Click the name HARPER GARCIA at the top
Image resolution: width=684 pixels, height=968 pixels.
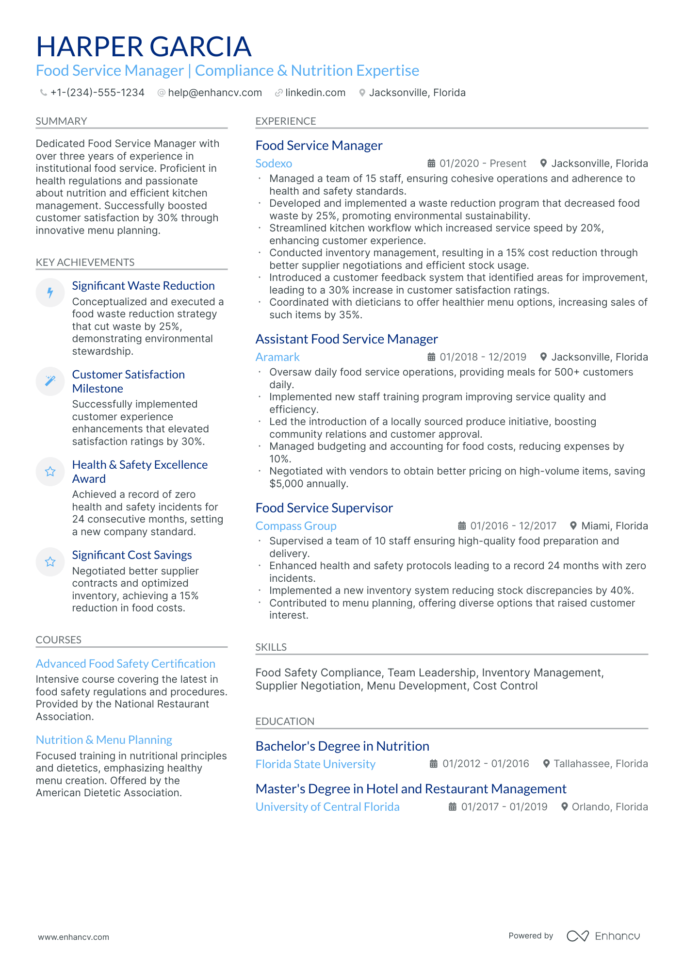(x=144, y=47)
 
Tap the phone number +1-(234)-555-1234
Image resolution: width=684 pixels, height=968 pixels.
(x=97, y=93)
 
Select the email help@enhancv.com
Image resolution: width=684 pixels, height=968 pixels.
(x=214, y=93)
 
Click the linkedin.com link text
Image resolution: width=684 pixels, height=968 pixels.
(x=315, y=93)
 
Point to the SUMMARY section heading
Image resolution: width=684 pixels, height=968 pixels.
(x=61, y=121)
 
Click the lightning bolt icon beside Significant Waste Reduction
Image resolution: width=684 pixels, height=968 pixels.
(x=50, y=293)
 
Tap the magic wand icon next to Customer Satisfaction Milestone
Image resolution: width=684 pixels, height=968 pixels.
(x=50, y=381)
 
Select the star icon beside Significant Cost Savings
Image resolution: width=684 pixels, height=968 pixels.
(x=50, y=562)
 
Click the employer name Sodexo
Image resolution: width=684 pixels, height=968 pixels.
(x=274, y=164)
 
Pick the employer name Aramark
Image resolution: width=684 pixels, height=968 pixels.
(x=277, y=357)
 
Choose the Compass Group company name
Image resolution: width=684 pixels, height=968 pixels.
(x=296, y=526)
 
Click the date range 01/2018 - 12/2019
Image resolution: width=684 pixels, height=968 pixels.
(x=483, y=357)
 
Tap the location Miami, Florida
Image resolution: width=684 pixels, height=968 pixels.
(x=614, y=526)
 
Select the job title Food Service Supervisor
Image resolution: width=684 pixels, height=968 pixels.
(x=324, y=508)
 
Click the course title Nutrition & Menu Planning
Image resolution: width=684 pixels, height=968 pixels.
(x=104, y=740)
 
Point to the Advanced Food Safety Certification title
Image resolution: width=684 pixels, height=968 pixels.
(x=126, y=664)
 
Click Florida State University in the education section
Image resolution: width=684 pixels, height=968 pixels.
(x=315, y=764)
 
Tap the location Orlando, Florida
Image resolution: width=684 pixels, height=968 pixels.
(x=609, y=807)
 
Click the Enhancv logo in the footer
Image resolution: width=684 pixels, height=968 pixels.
(x=603, y=936)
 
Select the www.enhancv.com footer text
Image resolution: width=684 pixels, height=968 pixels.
(x=74, y=937)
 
